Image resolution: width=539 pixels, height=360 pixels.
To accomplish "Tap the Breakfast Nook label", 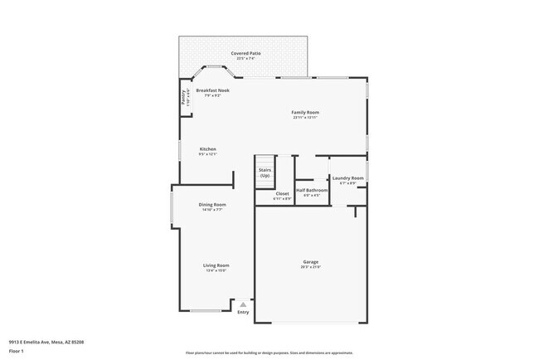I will pos(212,90).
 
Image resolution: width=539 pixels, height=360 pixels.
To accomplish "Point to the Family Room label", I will pos(305,112).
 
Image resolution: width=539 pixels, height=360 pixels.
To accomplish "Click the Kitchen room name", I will pos(207,149).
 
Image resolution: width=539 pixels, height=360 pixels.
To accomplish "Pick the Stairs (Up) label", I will pos(265,173).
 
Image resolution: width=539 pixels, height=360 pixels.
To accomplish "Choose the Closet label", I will pos(283,193).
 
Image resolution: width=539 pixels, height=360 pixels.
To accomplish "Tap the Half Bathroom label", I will pos(312,190).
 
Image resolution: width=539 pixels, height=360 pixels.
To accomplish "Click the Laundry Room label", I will pos(347,178).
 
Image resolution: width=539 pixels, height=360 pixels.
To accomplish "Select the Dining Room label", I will pos(212,204).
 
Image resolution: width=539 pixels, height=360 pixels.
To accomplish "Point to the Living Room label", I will pos(216,265).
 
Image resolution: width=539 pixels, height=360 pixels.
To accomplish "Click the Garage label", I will pos(310,262).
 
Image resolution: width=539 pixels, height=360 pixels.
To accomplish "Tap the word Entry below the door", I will pos(243,312).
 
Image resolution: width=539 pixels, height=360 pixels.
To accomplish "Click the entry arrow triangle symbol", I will pos(243,304).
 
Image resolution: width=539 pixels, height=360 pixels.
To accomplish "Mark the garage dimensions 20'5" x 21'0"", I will pos(310,267).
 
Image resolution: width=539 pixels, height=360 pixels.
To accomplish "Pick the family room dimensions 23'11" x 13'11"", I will pos(305,118).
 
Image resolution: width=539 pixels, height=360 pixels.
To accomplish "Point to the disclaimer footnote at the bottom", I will pos(269,353).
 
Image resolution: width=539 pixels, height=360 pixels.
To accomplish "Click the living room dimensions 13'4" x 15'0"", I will pos(216,270).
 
